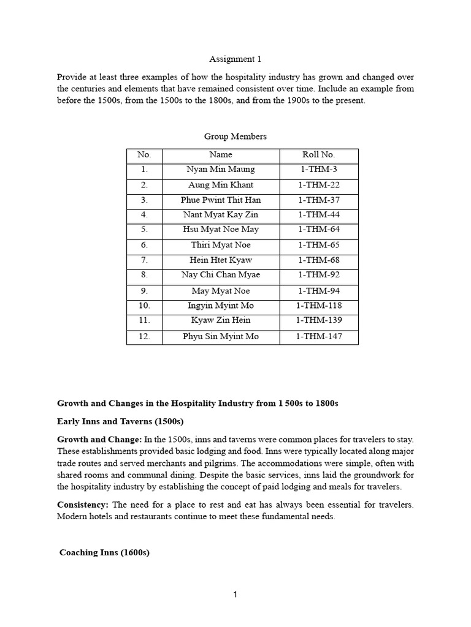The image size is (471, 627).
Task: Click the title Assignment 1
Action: click(235, 59)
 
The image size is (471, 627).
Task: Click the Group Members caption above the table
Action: click(235, 136)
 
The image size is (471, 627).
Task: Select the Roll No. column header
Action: click(319, 155)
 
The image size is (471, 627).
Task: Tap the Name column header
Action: click(221, 155)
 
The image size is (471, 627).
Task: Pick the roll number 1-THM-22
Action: click(319, 185)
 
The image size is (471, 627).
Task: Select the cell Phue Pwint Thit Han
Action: click(221, 200)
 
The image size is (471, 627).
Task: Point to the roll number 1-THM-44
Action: click(319, 215)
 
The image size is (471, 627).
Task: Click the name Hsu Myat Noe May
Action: click(221, 230)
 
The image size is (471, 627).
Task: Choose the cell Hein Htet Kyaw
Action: click(221, 260)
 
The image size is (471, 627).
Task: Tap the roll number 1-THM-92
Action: click(319, 275)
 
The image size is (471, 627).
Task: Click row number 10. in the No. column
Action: click(144, 306)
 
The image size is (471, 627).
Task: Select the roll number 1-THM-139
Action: click(319, 320)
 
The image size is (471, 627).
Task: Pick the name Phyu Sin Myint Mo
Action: click(221, 336)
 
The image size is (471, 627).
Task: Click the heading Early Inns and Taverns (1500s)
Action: click(120, 421)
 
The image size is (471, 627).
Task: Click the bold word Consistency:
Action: click(83, 505)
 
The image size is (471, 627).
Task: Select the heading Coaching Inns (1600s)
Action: click(104, 553)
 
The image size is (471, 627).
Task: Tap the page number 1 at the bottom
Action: click(235, 595)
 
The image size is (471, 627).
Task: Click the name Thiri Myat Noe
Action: click(221, 245)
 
